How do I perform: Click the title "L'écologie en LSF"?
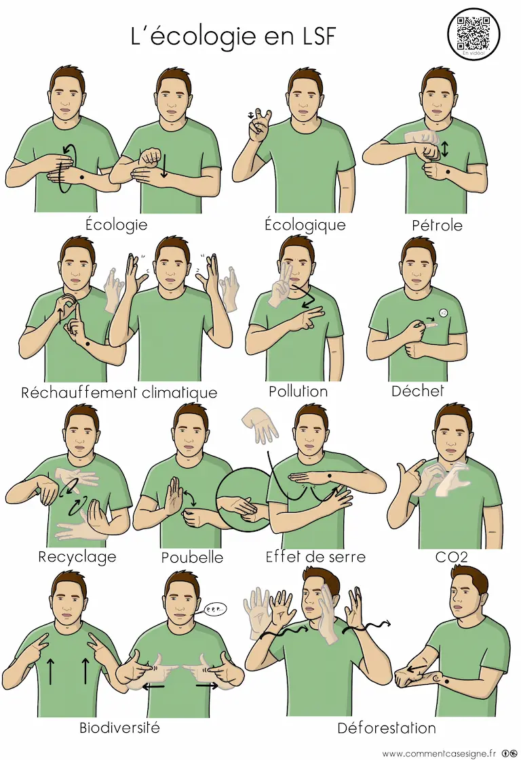(x=233, y=36)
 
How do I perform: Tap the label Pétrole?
(x=436, y=225)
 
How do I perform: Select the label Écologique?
(x=305, y=225)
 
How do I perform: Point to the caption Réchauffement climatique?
(x=119, y=392)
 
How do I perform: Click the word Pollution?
(x=298, y=391)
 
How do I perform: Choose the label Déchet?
(x=418, y=391)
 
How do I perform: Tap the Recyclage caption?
(x=77, y=557)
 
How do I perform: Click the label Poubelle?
(x=192, y=557)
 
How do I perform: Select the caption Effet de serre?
(x=315, y=556)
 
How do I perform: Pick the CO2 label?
(x=451, y=557)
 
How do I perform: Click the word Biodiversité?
(x=119, y=727)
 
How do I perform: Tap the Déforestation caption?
(x=387, y=727)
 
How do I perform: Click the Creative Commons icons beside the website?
(x=509, y=753)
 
